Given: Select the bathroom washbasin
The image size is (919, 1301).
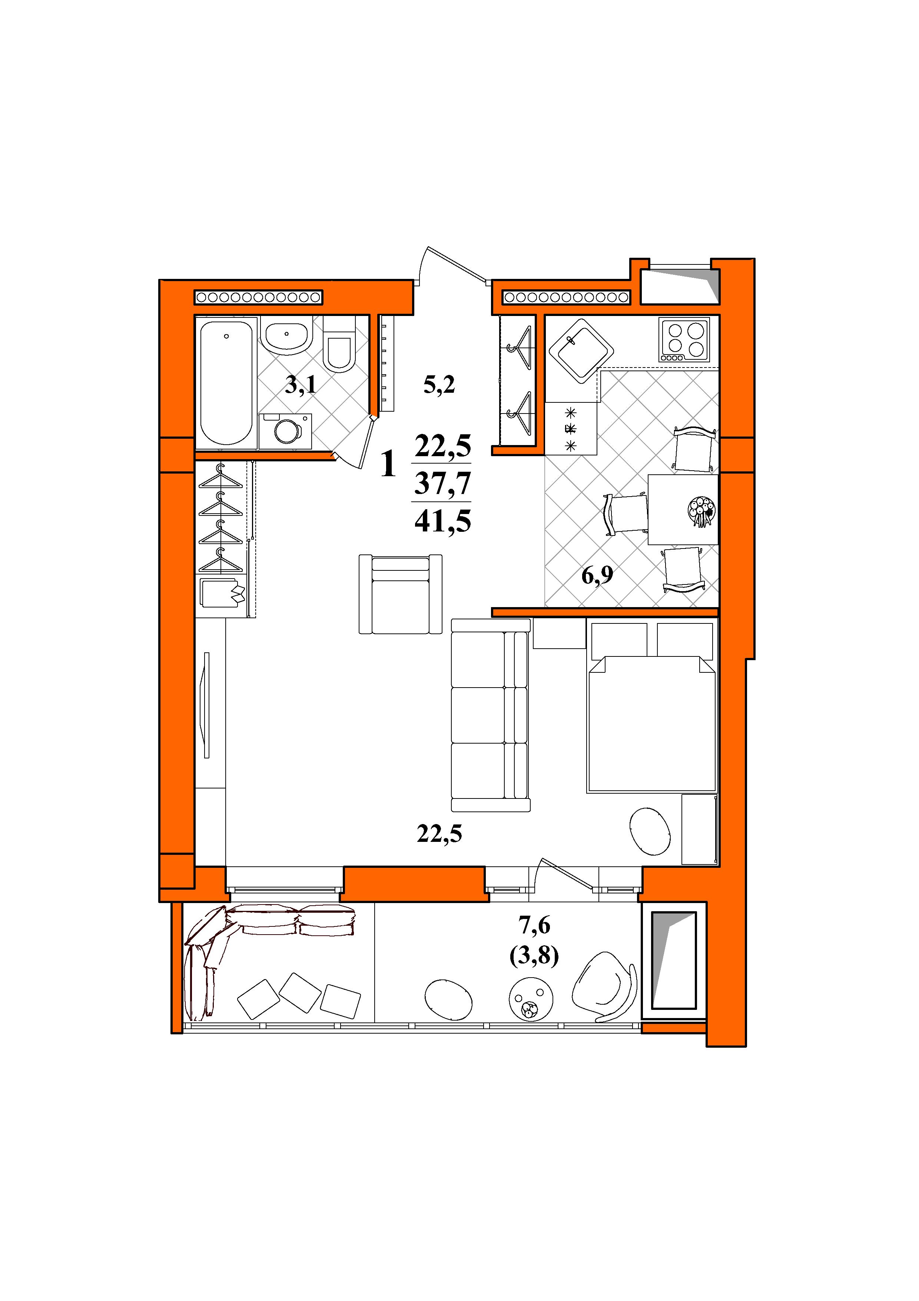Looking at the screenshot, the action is [x=288, y=336].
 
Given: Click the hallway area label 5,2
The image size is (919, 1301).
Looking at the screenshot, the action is [x=439, y=386].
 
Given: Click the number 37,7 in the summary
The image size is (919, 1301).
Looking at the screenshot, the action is [x=443, y=483].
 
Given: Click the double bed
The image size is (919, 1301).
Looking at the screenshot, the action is [x=652, y=705].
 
